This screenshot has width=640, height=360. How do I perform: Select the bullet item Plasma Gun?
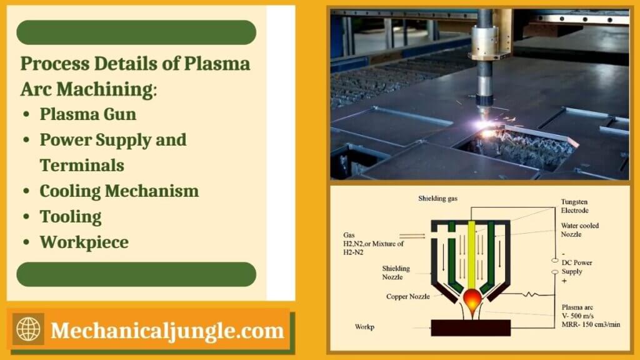coord(87,114)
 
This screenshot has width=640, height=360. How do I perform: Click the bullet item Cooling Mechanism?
coord(119,191)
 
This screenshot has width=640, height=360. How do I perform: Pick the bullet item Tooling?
coord(71,217)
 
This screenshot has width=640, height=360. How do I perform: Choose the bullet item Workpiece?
coord(84,242)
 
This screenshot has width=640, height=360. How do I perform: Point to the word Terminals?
coord(82,165)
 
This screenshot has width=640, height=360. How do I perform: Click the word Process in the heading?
coord(57,64)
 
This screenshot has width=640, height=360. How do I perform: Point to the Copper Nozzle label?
coord(407,296)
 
